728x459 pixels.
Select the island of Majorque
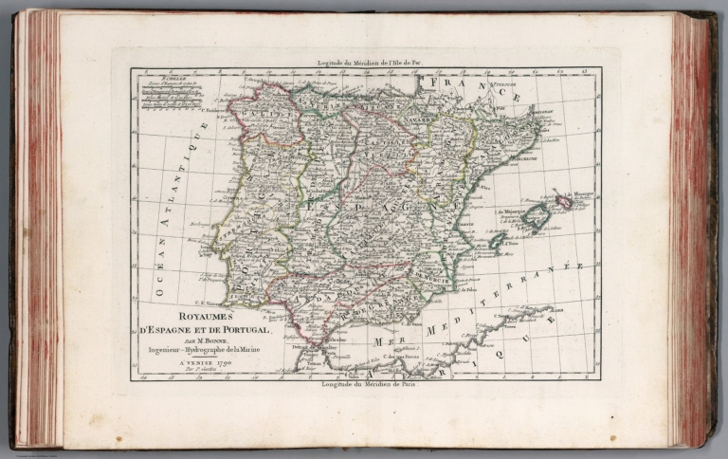click(x=535, y=216)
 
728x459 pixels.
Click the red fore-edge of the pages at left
click(x=38, y=228)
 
